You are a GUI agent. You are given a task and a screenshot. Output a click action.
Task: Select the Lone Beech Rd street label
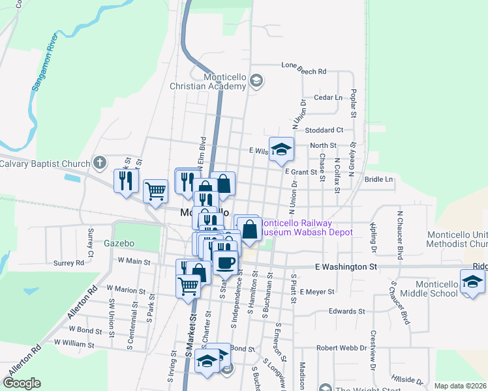coord(303,65)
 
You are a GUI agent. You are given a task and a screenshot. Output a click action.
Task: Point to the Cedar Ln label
coord(328,98)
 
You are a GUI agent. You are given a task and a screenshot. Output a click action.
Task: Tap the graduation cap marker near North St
coord(281,150)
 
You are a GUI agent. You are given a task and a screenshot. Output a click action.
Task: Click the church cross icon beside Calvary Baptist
coord(99,162)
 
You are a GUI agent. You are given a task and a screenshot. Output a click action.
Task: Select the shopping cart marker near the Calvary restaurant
coord(156,192)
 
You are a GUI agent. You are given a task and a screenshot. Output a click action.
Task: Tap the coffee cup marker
coord(226,262)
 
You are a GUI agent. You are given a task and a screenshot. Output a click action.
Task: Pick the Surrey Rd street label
coord(69,263)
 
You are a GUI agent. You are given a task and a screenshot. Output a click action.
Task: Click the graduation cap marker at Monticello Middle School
coord(472,283)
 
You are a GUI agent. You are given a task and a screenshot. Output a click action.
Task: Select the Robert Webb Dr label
coord(341,348)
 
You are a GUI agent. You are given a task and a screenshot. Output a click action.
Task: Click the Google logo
coord(22,383)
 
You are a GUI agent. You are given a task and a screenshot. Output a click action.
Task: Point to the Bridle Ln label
coord(379,179)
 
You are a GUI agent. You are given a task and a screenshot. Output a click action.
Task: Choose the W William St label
coord(74,343)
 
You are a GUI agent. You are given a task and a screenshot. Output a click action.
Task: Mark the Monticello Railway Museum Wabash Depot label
coord(307,227)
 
